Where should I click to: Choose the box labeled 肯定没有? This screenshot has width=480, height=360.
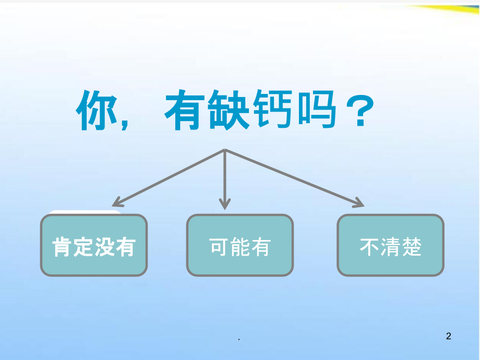click(x=94, y=245)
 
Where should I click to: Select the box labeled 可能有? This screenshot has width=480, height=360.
click(x=240, y=245)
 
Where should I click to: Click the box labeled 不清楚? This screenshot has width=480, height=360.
click(x=390, y=245)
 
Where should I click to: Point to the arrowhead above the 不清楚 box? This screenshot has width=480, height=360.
click(x=358, y=203)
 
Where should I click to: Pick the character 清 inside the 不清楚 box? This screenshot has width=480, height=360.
click(x=390, y=246)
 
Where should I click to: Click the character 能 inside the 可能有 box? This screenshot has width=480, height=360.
click(x=240, y=246)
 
